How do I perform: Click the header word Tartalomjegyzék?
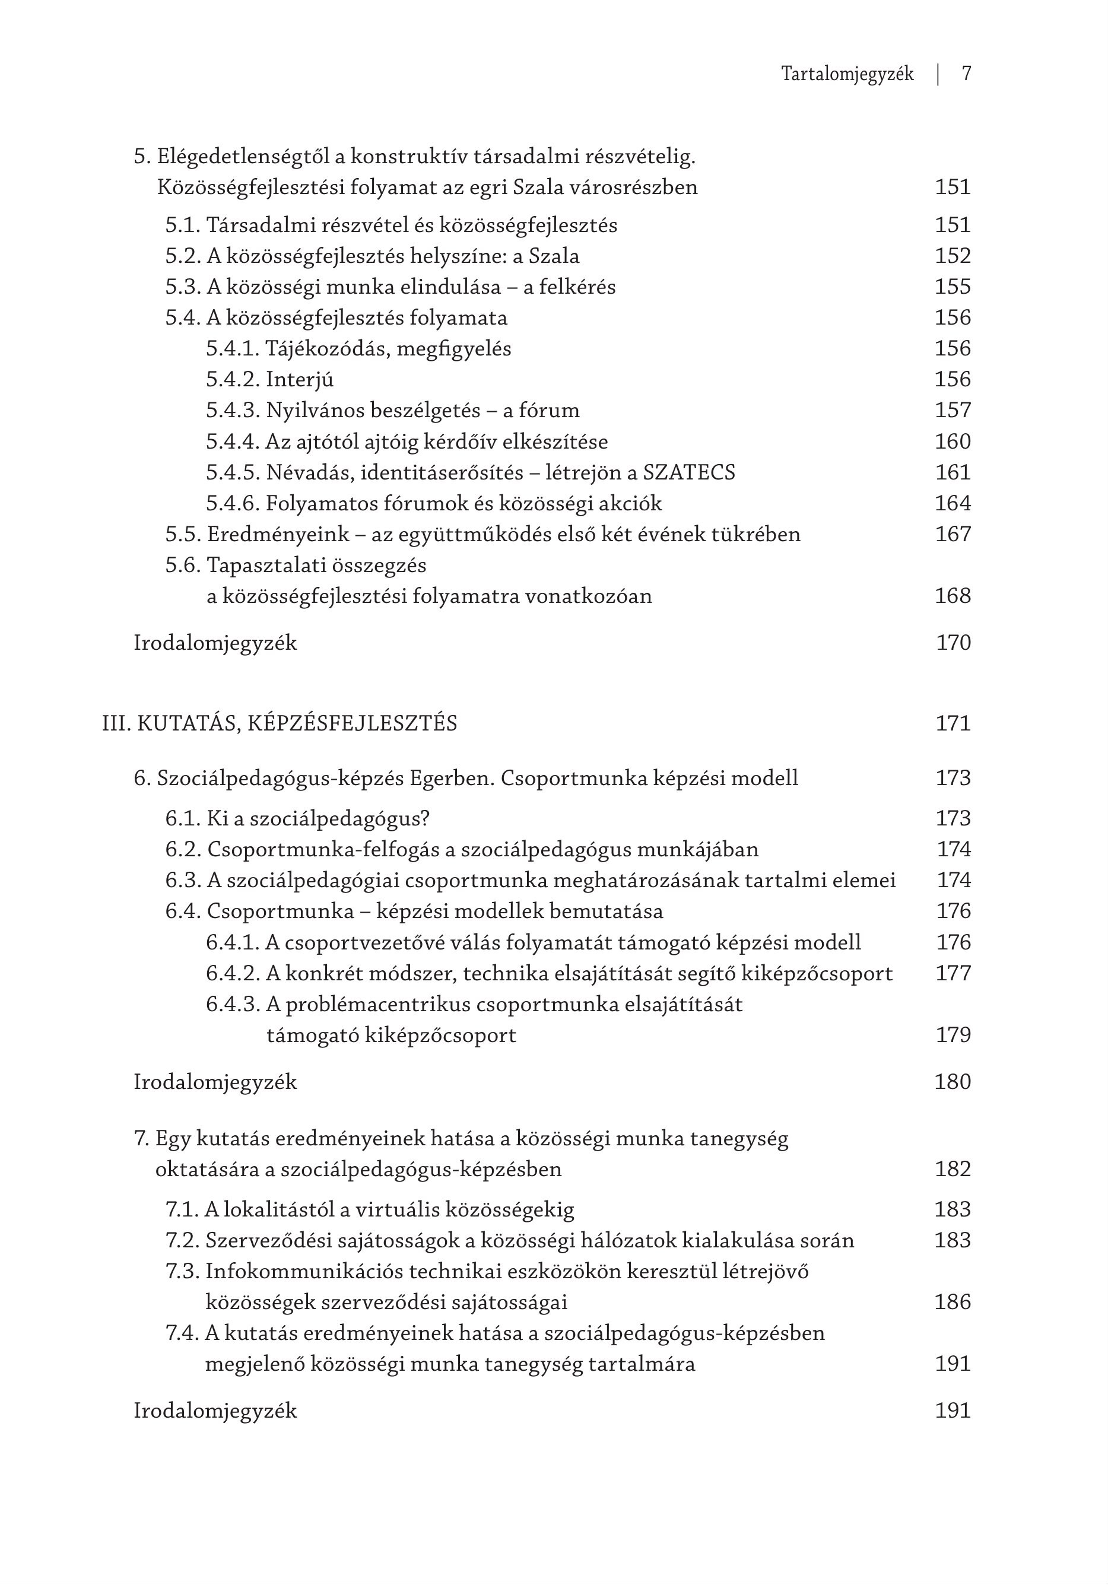tap(847, 75)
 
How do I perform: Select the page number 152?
tap(953, 256)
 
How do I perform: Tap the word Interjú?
tap(300, 380)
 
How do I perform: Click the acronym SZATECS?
tap(689, 473)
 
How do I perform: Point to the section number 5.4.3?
tap(233, 411)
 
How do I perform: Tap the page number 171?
tap(953, 723)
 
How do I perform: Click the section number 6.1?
tap(183, 819)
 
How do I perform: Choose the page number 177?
tap(953, 973)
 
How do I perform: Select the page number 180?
tap(953, 1082)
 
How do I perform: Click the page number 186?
tap(953, 1303)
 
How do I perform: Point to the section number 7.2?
tap(182, 1240)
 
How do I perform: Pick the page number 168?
tap(953, 596)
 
